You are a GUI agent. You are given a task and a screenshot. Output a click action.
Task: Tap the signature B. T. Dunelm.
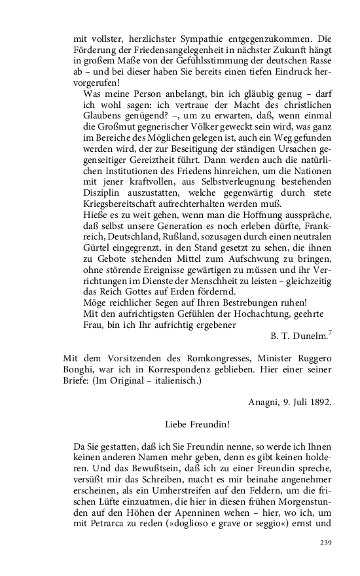point(298,336)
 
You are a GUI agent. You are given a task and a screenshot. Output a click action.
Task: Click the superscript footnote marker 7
point(329,333)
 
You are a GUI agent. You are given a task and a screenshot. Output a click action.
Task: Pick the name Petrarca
point(111,522)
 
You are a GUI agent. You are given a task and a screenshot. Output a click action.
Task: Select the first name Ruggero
point(308,358)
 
